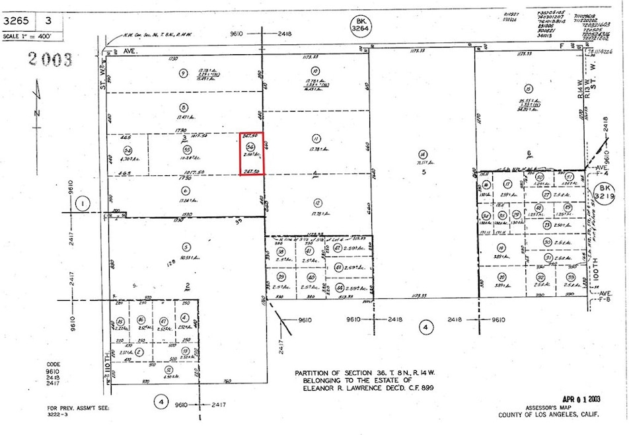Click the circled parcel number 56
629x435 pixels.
point(250,147)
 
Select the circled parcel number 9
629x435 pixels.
point(183,73)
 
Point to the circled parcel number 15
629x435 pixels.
point(528,89)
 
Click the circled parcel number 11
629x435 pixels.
point(316,138)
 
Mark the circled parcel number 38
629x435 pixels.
point(281,252)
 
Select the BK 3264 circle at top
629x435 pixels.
point(357,27)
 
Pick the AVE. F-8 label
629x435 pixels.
point(605,296)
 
